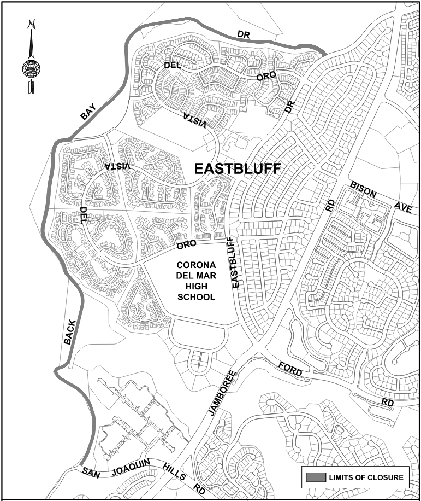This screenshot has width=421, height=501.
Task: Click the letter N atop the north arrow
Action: click(32, 24)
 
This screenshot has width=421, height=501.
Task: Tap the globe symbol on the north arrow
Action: click(31, 69)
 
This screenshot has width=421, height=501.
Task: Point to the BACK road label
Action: click(68, 332)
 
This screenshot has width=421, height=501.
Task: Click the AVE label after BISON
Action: click(402, 207)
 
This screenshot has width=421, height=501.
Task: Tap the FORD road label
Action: click(289, 368)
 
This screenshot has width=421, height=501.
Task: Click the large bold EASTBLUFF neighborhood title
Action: click(238, 169)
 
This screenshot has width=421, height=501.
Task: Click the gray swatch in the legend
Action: click(315, 477)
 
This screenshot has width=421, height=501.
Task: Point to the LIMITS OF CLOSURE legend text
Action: click(366, 477)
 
